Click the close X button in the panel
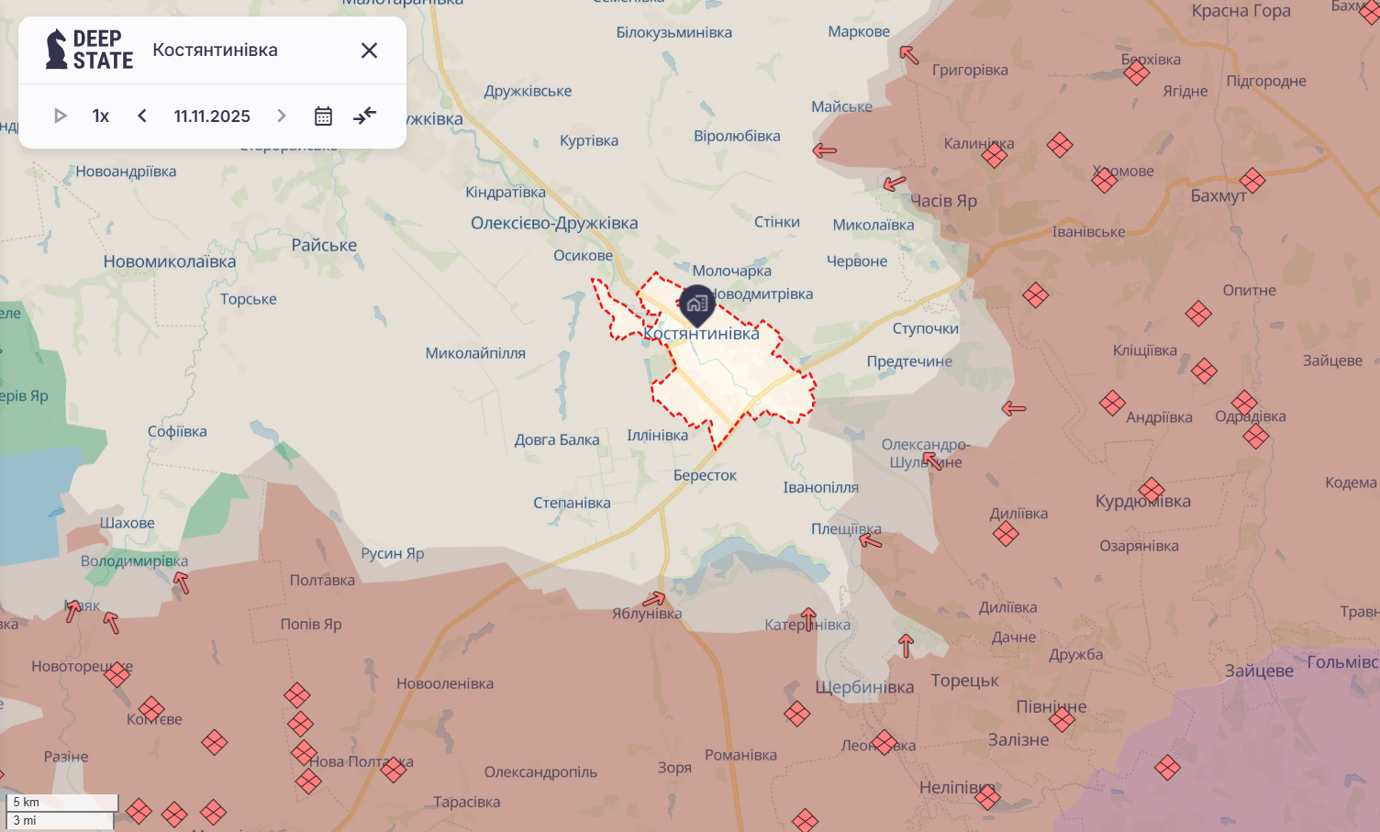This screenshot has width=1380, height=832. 369,50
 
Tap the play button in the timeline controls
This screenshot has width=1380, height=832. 61,116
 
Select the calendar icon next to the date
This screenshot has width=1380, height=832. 323,116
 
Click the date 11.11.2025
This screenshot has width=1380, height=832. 212,116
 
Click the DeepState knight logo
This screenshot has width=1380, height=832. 57,50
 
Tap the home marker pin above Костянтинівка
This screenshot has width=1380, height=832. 697,304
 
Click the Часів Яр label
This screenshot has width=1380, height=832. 943,201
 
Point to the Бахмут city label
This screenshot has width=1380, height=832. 1219,195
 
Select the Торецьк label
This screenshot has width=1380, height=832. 964,681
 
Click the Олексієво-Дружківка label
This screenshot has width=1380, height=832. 554,223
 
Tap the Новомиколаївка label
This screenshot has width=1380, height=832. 170,261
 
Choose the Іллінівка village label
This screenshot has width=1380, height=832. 657,435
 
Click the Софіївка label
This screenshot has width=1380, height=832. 177,431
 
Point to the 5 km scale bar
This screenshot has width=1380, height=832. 62,803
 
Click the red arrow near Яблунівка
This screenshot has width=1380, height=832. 654,600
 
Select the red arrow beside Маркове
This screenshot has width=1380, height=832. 908,55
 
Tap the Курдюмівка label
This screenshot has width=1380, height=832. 1143,501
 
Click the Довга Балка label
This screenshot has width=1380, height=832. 557,439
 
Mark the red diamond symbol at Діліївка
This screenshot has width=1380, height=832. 1006,533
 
